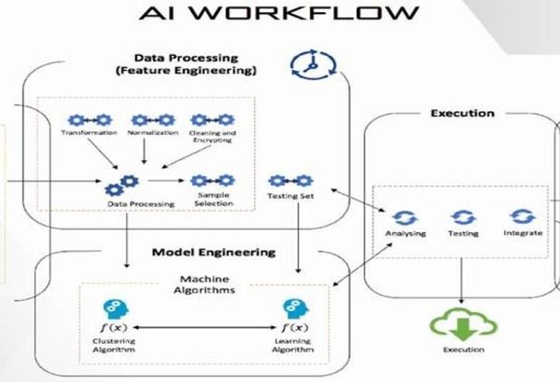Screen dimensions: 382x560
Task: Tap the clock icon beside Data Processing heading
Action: pos(304,64)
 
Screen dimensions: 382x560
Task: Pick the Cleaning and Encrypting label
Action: pos(213,137)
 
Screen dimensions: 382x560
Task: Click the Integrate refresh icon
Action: pos(521,215)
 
